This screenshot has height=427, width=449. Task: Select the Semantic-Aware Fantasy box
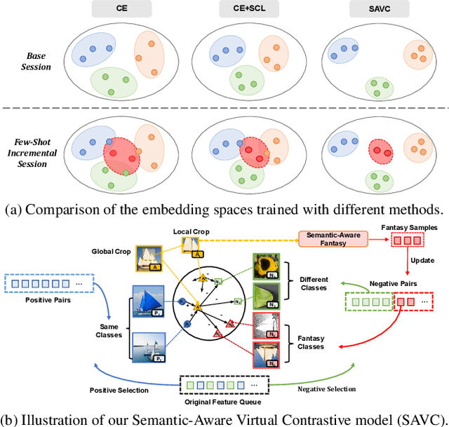333,238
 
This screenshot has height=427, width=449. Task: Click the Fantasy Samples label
410,227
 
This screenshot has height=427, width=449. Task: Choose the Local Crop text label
189,231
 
